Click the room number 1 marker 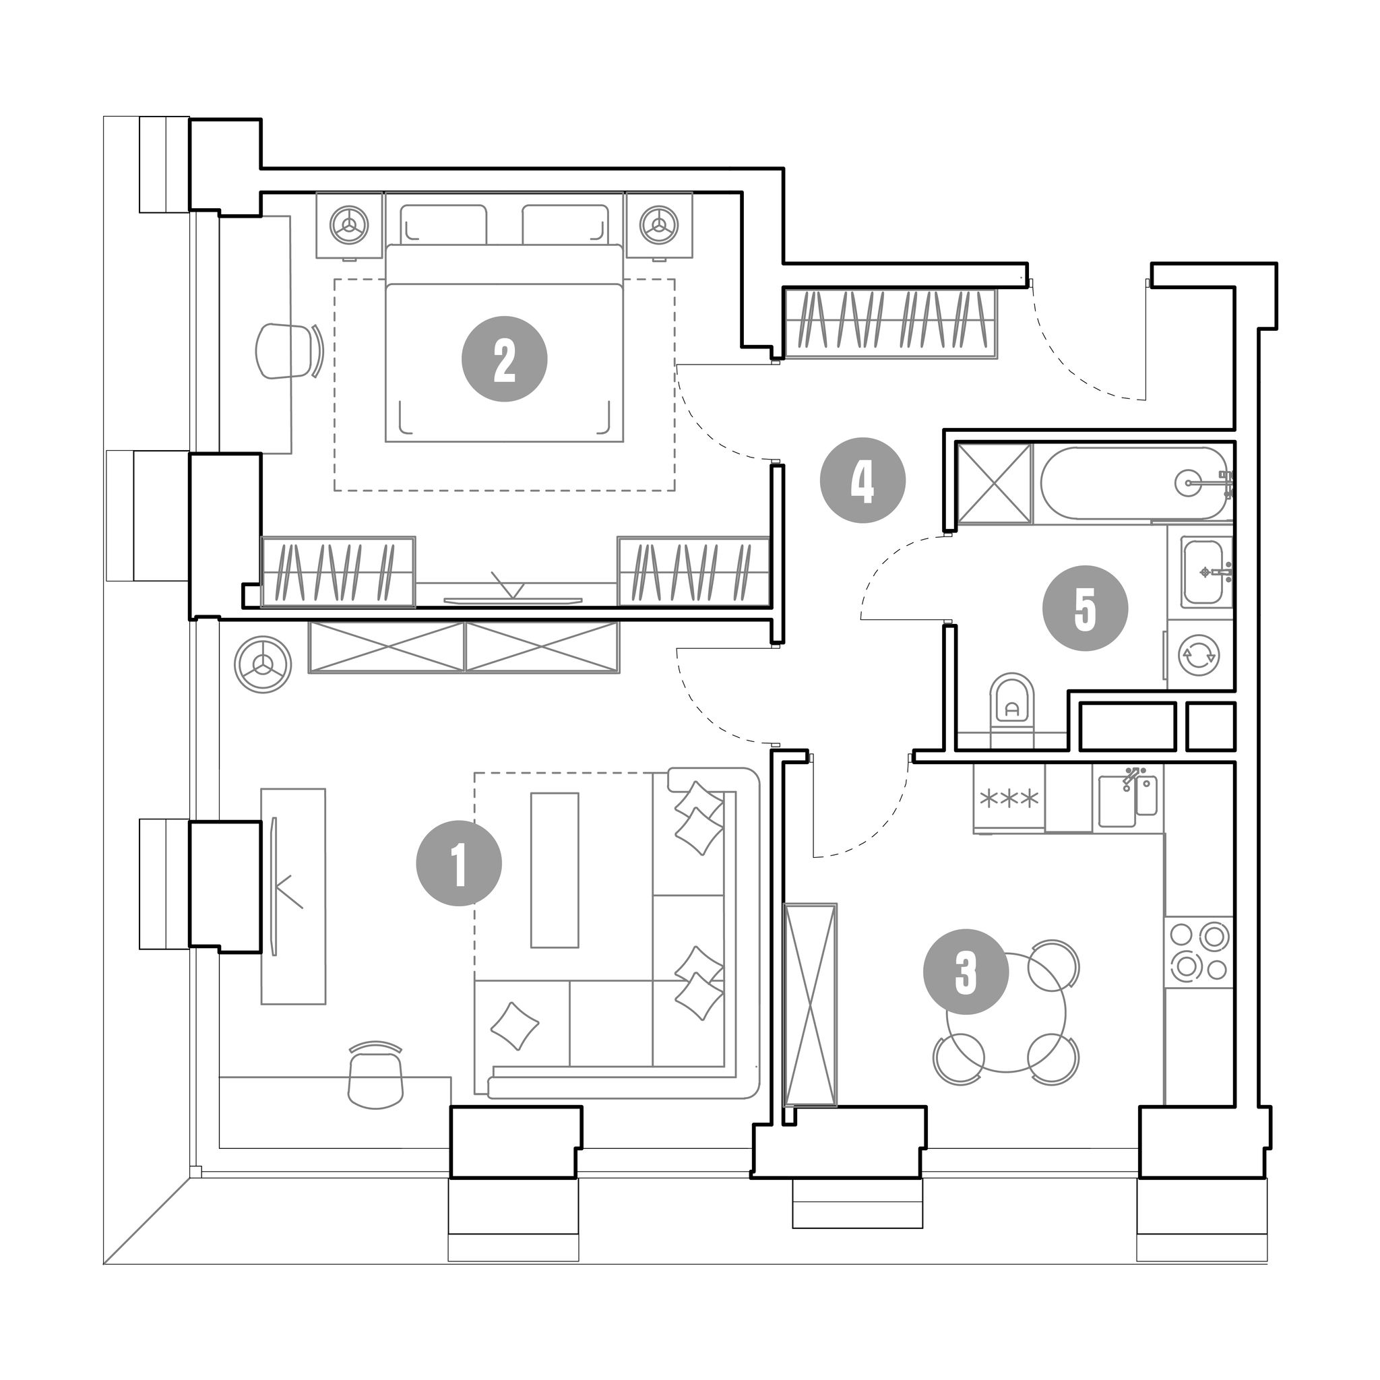point(460,865)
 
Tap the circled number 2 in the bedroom point(504,359)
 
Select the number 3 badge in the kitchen point(966,972)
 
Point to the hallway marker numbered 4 point(863,480)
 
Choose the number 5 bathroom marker point(1085,608)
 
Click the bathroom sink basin point(1206,572)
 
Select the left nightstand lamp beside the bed point(349,225)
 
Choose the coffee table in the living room point(555,870)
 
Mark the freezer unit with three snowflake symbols point(1009,798)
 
